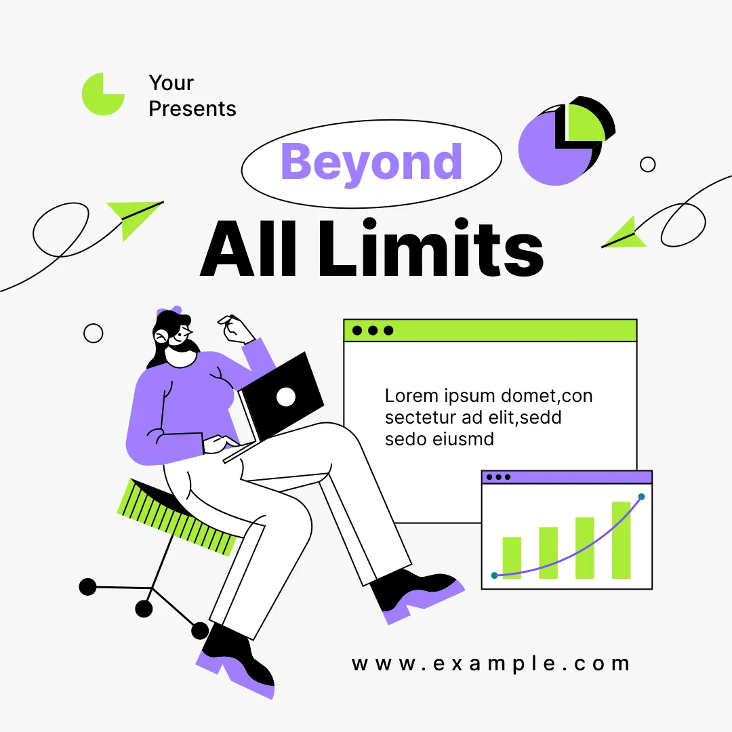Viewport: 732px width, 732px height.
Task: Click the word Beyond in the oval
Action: click(x=371, y=162)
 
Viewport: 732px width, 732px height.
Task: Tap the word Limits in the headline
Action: click(x=431, y=248)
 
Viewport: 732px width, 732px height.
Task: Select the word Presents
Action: click(x=192, y=108)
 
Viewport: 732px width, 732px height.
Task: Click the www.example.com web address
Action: click(x=491, y=664)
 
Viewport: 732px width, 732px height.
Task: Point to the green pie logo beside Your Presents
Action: click(x=103, y=94)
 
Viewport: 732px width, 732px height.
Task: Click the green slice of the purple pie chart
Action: click(x=584, y=122)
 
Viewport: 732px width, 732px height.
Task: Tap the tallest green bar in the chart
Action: click(x=621, y=540)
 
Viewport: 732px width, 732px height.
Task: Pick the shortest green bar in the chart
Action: click(x=512, y=558)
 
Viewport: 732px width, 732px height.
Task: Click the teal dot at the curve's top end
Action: click(x=641, y=497)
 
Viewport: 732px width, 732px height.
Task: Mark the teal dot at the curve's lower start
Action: click(x=494, y=575)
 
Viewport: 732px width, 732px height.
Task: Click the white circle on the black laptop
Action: click(x=286, y=396)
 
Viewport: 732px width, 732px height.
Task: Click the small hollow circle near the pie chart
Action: click(x=647, y=164)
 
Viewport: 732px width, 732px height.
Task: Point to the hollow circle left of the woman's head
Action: click(x=93, y=333)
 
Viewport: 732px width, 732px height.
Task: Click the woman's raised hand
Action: click(x=236, y=329)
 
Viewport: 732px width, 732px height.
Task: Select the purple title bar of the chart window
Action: click(x=567, y=477)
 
